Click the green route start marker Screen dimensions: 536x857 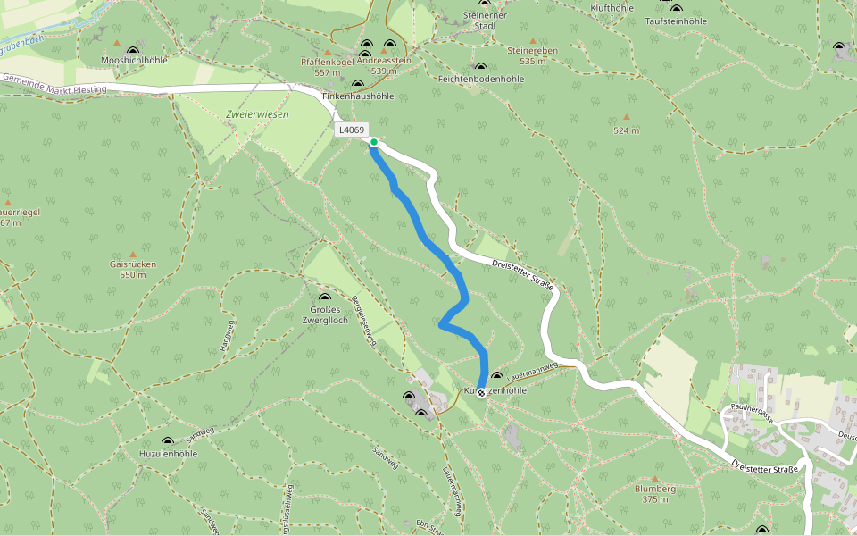[x=374, y=142]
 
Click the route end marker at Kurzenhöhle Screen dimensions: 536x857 [x=481, y=393]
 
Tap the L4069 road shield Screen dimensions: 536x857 [x=351, y=130]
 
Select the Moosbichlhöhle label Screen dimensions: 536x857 [x=134, y=61]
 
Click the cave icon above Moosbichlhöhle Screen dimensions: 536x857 [x=133, y=52]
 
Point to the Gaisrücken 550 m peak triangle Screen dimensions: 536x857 [x=133, y=255]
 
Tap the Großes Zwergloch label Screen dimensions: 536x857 [x=324, y=314]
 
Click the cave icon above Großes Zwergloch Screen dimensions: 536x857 [x=324, y=297]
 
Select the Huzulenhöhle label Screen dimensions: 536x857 [x=168, y=454]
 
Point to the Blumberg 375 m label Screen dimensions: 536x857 [x=654, y=494]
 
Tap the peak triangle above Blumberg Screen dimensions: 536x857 [x=654, y=480]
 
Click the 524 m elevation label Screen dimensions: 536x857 [x=627, y=130]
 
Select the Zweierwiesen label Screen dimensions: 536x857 [x=257, y=114]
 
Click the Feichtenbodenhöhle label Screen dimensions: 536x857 [x=481, y=80]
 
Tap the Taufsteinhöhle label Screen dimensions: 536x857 [x=676, y=21]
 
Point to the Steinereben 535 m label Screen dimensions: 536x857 [x=532, y=55]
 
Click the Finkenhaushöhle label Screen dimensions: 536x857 [x=358, y=96]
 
